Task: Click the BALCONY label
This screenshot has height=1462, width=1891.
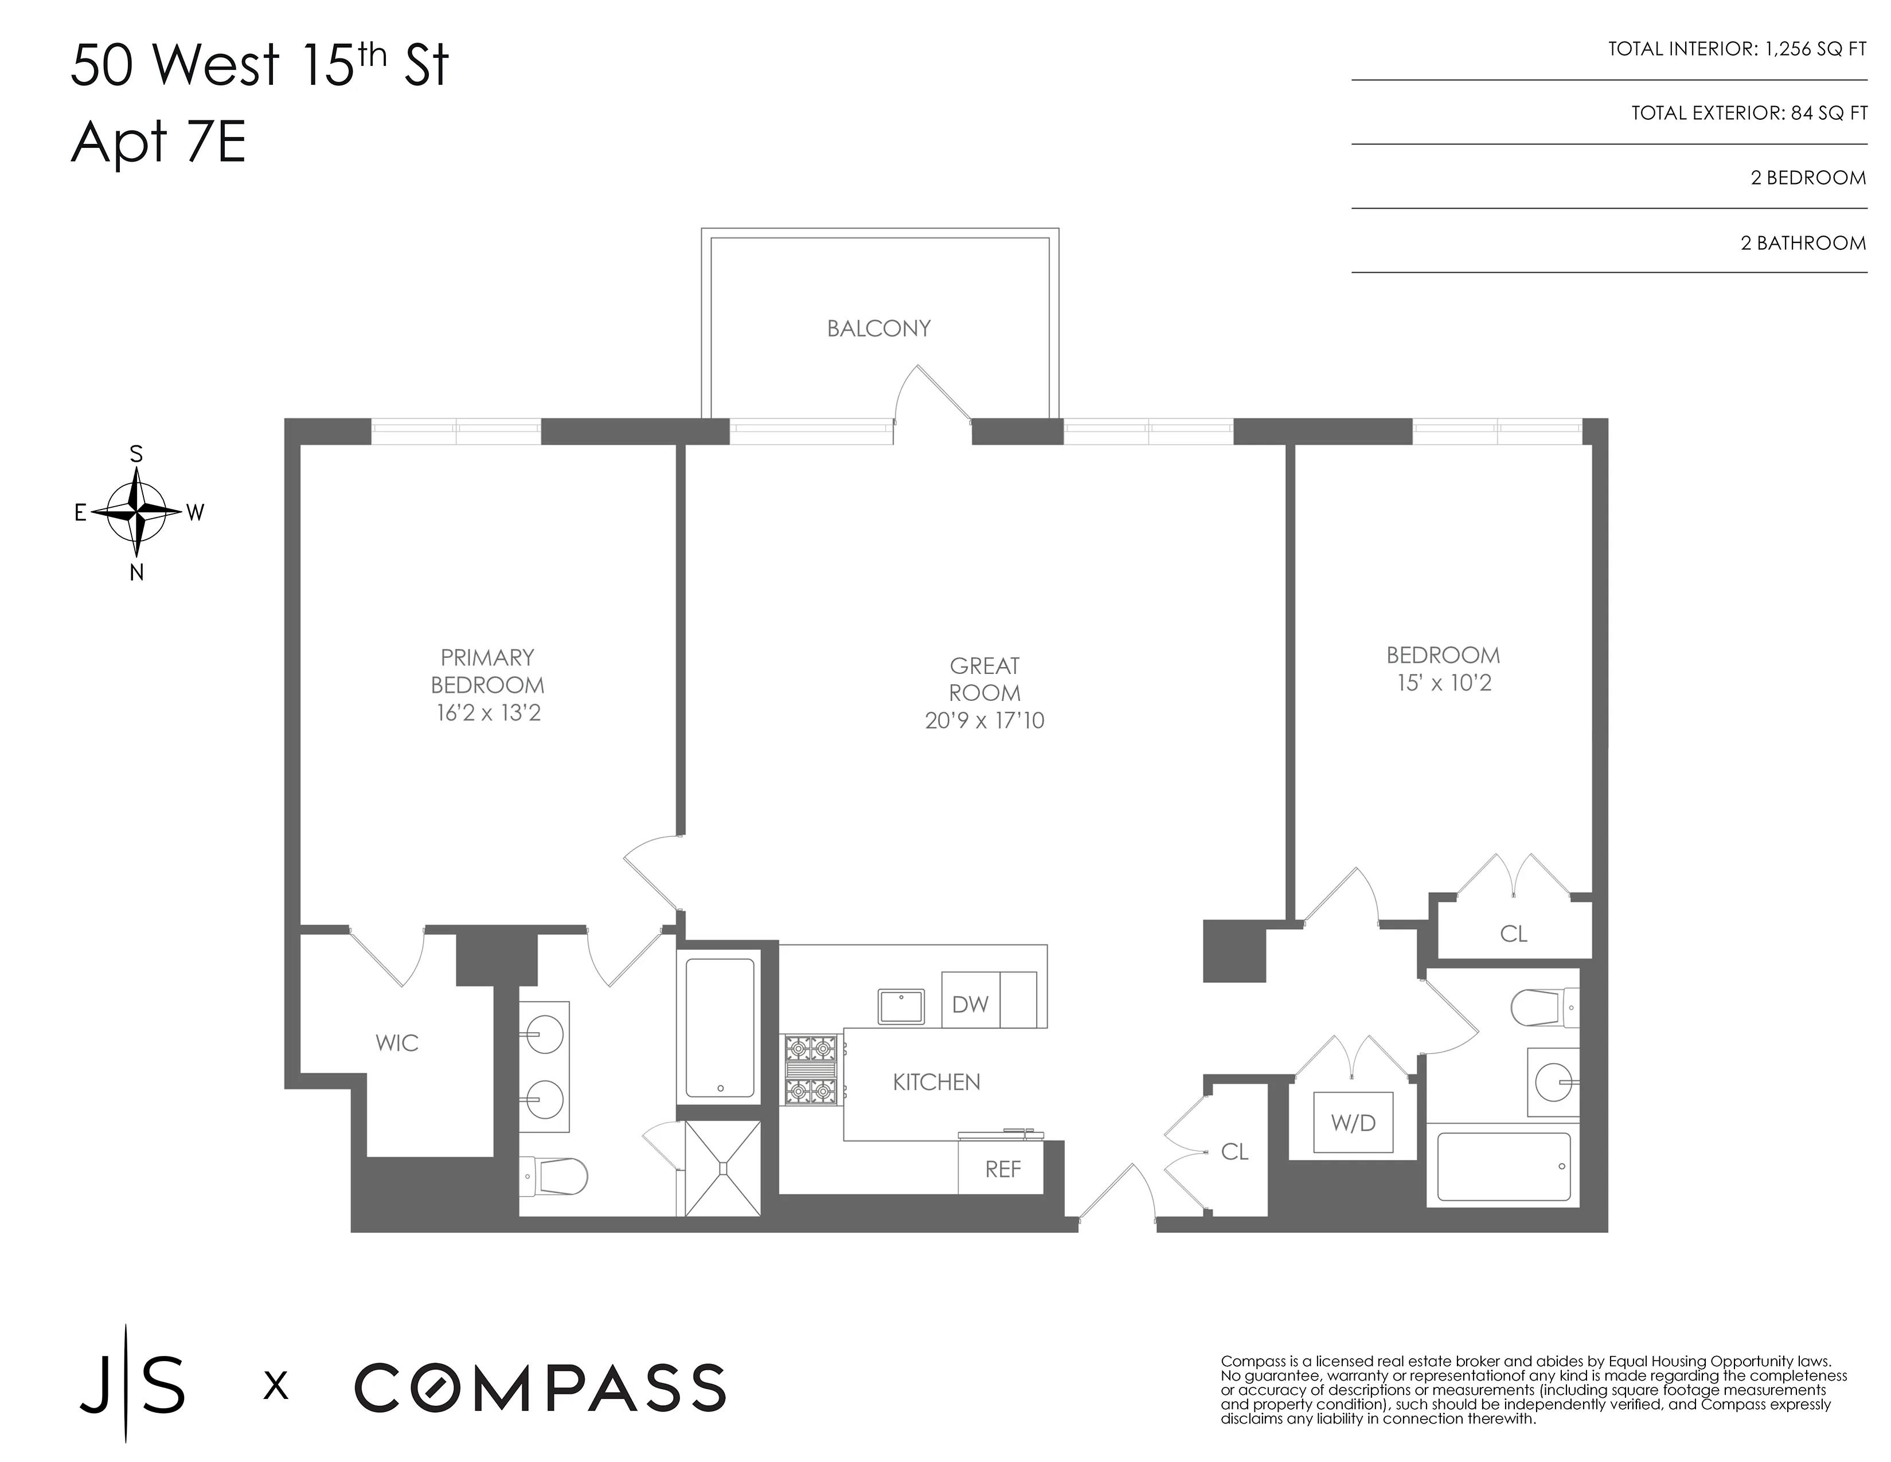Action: coord(878,329)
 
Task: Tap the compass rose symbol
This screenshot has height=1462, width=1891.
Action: coord(136,512)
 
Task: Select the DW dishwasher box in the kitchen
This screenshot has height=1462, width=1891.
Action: coord(970,1004)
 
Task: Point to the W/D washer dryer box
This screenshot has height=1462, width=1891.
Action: coord(1353,1123)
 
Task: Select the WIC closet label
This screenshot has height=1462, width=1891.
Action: coord(397,1043)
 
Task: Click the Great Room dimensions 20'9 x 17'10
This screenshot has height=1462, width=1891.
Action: coord(984,721)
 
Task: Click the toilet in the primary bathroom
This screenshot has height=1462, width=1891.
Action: coord(558,1177)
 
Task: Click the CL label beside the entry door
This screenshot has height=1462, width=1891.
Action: coord(1234,1152)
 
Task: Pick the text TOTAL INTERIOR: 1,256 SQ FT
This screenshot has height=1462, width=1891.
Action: coord(1736,49)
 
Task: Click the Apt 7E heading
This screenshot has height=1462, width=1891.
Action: coord(158,142)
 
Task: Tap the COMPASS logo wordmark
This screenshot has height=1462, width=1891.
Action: coord(540,1387)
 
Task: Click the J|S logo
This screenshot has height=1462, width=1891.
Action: coord(132,1385)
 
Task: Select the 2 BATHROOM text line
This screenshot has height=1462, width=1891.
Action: coord(1803,243)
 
